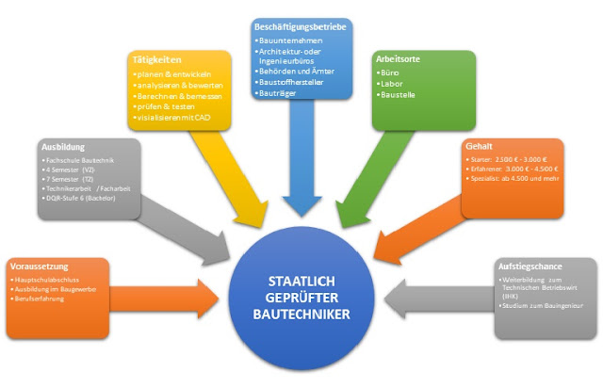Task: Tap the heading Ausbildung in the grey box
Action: tap(65, 148)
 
